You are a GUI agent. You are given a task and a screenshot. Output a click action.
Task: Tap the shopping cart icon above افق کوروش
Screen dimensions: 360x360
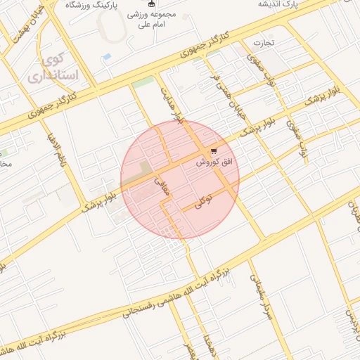click(x=214, y=150)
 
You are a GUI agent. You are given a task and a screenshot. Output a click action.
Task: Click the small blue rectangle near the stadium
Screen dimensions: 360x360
click(x=106, y=56)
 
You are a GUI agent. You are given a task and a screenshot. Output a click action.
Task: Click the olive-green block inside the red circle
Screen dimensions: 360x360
click(x=145, y=168)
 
